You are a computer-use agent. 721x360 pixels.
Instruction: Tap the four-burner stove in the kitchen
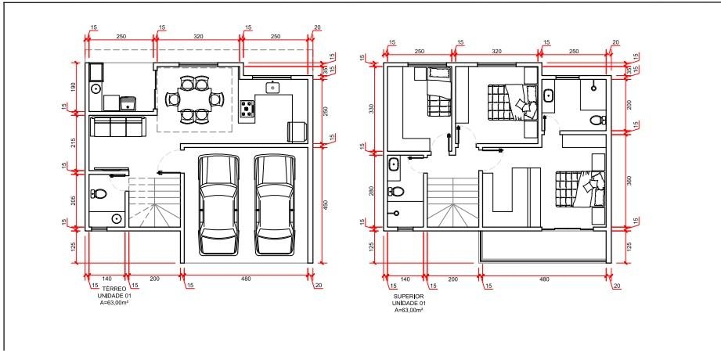pos(247,109)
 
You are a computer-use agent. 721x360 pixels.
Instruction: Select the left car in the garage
pos(218,204)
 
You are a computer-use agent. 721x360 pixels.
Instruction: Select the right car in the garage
pos(275,204)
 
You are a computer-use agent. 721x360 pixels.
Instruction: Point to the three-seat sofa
pos(117,127)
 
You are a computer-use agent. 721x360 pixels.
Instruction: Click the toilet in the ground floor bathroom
pos(99,193)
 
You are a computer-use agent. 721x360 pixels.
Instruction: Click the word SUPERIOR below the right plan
pos(409,297)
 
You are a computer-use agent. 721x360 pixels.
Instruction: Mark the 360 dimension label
pos(630,180)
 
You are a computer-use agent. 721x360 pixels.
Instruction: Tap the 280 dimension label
pos(372,191)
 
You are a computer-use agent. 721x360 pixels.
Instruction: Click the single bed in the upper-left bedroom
pos(438,92)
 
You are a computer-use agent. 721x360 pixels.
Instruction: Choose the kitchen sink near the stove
pos(272,87)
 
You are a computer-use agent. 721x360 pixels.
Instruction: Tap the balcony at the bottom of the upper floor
pos(543,245)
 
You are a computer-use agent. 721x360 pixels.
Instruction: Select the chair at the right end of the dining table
pos(217,99)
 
